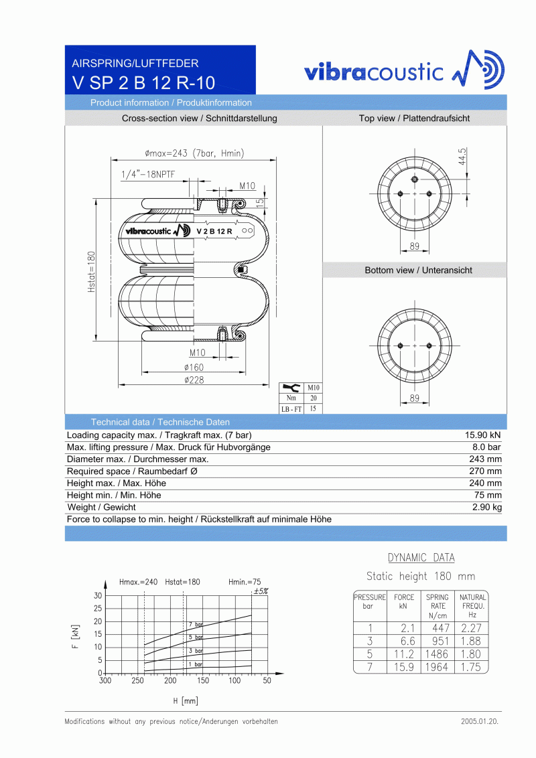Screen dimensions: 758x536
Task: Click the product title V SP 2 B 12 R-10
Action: [x=143, y=83]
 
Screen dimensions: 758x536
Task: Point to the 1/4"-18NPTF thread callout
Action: [x=148, y=175]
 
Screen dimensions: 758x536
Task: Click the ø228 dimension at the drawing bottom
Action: [x=194, y=380]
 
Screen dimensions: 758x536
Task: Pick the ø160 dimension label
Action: [x=194, y=367]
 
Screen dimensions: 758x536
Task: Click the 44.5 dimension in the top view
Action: [x=462, y=157]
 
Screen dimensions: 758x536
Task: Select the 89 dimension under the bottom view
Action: [x=415, y=398]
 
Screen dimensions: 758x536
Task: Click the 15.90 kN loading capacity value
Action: [x=483, y=435]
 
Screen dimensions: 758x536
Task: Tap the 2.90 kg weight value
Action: [x=486, y=507]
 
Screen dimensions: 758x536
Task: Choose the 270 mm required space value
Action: [x=485, y=471]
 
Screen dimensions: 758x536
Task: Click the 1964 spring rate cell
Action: [x=437, y=667]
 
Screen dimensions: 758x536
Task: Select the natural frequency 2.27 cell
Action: [x=471, y=628]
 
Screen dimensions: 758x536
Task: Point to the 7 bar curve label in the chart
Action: [x=195, y=625]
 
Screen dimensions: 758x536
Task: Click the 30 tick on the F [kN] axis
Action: [x=98, y=595]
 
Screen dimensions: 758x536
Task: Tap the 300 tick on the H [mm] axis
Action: [x=105, y=680]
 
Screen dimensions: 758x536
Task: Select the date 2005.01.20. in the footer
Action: [x=480, y=722]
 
